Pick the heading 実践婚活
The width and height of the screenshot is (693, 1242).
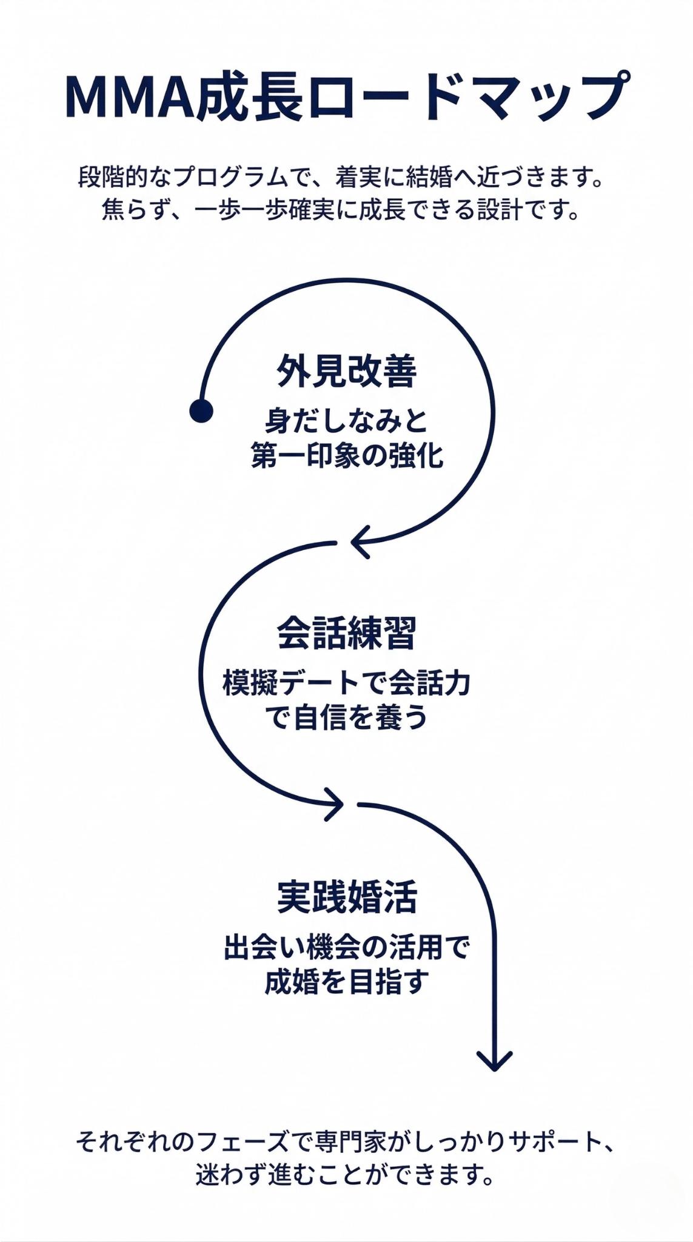tap(347, 897)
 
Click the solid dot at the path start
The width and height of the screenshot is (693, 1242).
tap(201, 411)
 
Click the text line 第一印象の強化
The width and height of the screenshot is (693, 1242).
tap(347, 455)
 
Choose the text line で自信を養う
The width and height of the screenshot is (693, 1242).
tap(347, 717)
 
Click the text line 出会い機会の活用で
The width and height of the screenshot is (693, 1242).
tap(347, 947)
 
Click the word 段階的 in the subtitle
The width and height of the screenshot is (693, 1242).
tap(113, 178)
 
